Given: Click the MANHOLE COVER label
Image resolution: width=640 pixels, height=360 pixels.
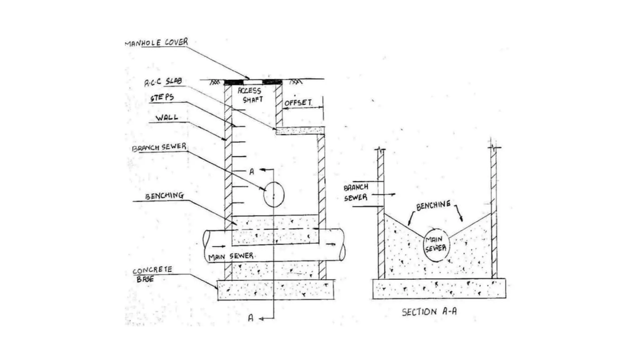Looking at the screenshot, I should [x=156, y=42].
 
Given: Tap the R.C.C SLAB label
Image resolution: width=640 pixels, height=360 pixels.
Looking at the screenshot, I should [x=163, y=82].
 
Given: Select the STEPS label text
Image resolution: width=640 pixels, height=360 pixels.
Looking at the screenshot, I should [x=162, y=97].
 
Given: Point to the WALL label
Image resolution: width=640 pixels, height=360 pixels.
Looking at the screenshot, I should [x=167, y=118].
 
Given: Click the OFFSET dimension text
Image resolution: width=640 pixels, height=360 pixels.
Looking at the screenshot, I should [x=298, y=102].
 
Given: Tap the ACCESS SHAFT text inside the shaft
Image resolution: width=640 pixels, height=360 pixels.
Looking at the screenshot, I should [x=250, y=95].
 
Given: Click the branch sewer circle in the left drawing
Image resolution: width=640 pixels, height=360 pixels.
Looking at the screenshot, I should [x=274, y=195].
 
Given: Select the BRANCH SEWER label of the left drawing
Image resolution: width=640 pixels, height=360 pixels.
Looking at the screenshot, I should [x=159, y=147].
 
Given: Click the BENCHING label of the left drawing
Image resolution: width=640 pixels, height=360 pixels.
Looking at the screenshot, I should [x=164, y=196].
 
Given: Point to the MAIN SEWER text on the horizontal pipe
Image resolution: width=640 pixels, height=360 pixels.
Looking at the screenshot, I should [x=231, y=257].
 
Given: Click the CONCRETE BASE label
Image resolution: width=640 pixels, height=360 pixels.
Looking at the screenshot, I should [x=152, y=274].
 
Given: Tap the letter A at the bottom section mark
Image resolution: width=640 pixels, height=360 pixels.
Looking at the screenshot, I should [x=251, y=318].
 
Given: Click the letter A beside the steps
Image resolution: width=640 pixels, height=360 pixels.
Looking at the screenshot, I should [x=252, y=172].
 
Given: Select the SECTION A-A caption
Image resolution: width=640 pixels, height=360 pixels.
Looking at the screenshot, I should [x=429, y=312].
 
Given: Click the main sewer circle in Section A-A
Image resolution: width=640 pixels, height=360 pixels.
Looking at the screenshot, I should [x=436, y=245].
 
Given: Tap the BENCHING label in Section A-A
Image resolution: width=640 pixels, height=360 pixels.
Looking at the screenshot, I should [x=433, y=206].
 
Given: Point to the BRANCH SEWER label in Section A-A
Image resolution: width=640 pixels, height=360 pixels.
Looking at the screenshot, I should [x=356, y=192].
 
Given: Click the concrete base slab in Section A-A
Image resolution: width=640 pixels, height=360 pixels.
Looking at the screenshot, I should [x=439, y=289].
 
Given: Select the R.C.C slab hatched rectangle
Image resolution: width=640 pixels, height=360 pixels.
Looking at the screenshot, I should [x=299, y=131].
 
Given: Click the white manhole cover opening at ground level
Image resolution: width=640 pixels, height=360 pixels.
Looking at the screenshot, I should [x=253, y=82].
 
